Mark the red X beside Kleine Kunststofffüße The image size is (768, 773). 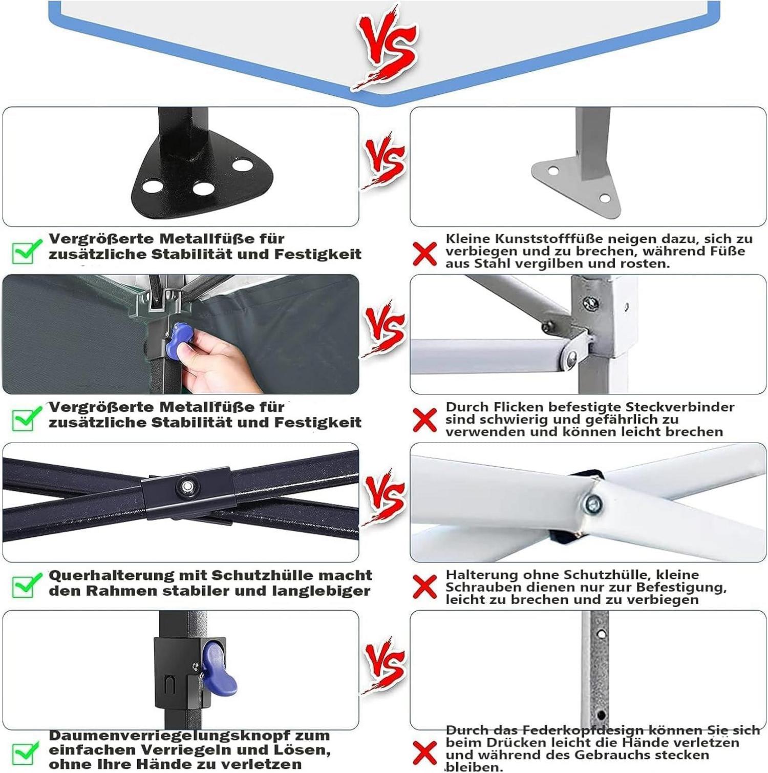pyautogui.click(x=425, y=254)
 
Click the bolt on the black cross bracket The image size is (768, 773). pyautogui.click(x=186, y=485)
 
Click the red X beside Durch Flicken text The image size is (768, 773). pyautogui.click(x=425, y=421)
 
